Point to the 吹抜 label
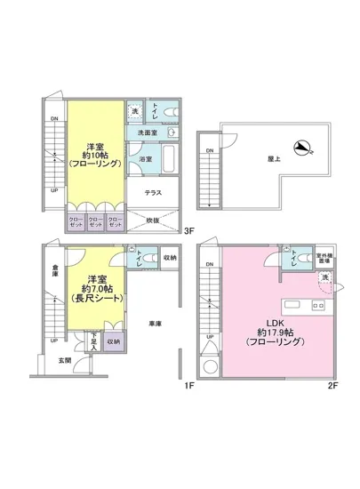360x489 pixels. click(x=153, y=221)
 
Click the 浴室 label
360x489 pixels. click(x=144, y=159)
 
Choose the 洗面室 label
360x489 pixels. click(x=148, y=133)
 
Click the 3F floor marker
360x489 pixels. click(x=188, y=230)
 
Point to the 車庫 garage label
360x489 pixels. click(x=156, y=323)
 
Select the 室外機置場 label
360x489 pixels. click(x=324, y=259)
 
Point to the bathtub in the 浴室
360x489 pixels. click(x=171, y=161)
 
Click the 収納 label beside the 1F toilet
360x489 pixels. click(x=169, y=258)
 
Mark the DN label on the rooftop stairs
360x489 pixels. click(x=210, y=151)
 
